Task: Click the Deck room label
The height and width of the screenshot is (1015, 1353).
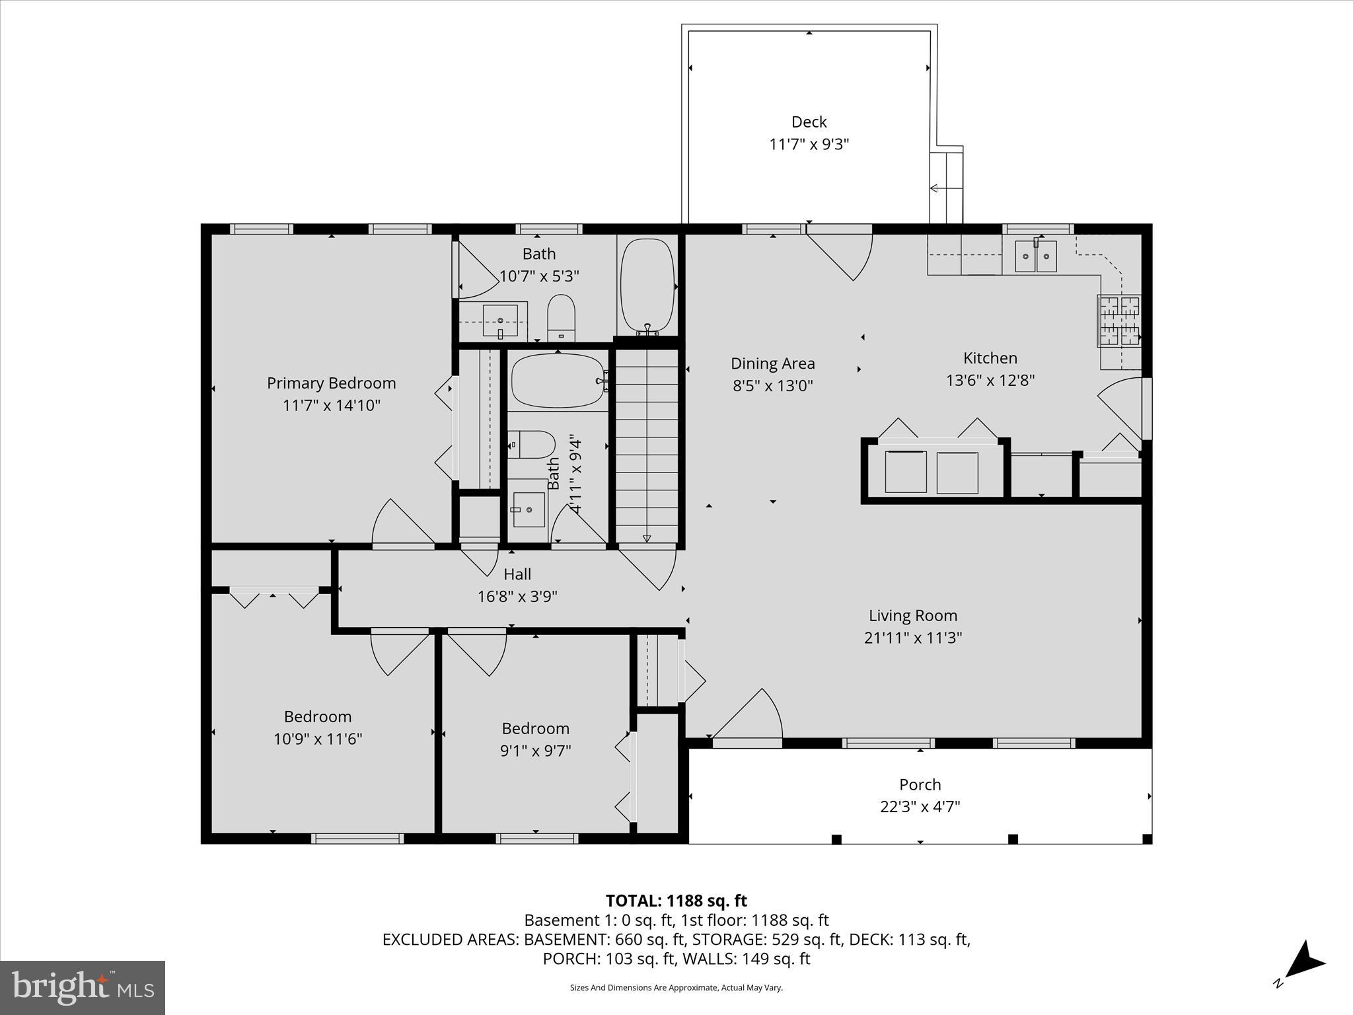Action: click(809, 122)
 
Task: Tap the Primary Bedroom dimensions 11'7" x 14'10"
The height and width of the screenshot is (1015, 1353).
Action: click(331, 405)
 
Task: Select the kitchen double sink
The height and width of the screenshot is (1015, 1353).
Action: click(1035, 256)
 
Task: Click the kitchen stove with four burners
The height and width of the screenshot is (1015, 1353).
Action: click(1119, 321)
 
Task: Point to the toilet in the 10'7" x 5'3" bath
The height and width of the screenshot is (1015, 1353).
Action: click(562, 318)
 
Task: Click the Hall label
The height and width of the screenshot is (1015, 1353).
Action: click(517, 574)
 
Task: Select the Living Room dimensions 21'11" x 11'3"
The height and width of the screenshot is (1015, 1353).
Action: click(912, 638)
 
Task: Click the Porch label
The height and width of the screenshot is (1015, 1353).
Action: click(920, 784)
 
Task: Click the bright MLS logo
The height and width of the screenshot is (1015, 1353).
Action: click(83, 987)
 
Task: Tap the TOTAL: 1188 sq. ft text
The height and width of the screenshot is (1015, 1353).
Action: click(676, 901)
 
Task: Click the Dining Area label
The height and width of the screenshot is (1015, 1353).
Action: click(772, 363)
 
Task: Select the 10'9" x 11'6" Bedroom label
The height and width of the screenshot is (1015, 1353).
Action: click(318, 716)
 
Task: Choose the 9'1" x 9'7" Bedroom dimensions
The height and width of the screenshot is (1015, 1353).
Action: click(535, 751)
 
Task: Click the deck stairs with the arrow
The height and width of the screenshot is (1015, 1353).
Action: click(946, 188)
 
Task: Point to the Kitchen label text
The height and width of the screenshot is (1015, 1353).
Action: click(990, 358)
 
